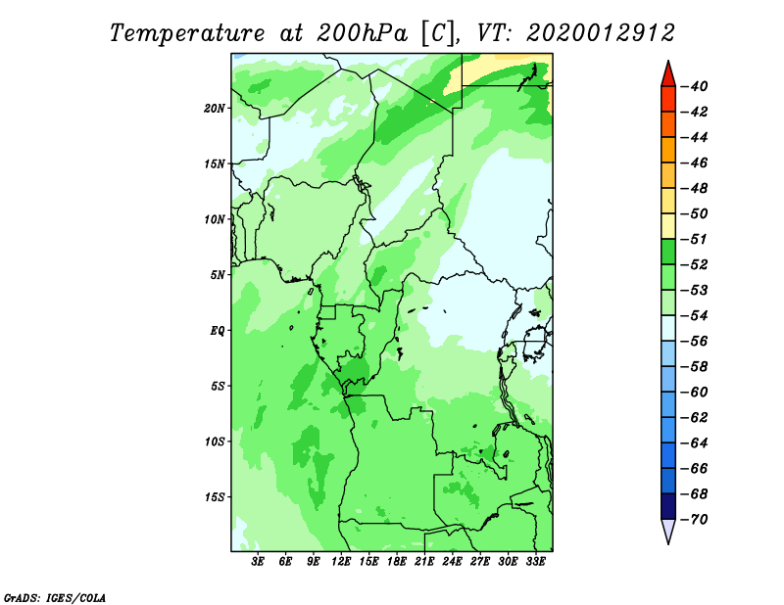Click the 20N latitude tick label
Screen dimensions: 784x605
pos(214,109)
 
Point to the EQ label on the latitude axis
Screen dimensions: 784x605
pos(218,331)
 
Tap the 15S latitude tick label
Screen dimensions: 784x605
pos(214,497)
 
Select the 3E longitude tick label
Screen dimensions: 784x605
pos(258,562)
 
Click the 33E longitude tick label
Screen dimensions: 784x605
pos(535,562)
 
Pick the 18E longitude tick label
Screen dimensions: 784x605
pos(397,562)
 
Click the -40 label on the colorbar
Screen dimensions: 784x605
pos(695,86)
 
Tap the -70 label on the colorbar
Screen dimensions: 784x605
pos(695,520)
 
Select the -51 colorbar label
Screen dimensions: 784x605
pos(695,239)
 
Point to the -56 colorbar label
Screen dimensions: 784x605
pos(695,342)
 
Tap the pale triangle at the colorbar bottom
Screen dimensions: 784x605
pos(668,531)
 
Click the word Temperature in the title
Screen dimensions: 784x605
pos(187,33)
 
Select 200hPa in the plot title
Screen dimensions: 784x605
pos(363,33)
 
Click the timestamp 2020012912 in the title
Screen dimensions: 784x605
pos(601,33)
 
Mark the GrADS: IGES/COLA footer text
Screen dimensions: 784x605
pos(55,598)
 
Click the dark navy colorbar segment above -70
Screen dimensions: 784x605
pos(668,506)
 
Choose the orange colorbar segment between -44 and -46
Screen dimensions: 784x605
pos(668,150)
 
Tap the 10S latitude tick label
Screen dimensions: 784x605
pos(214,442)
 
